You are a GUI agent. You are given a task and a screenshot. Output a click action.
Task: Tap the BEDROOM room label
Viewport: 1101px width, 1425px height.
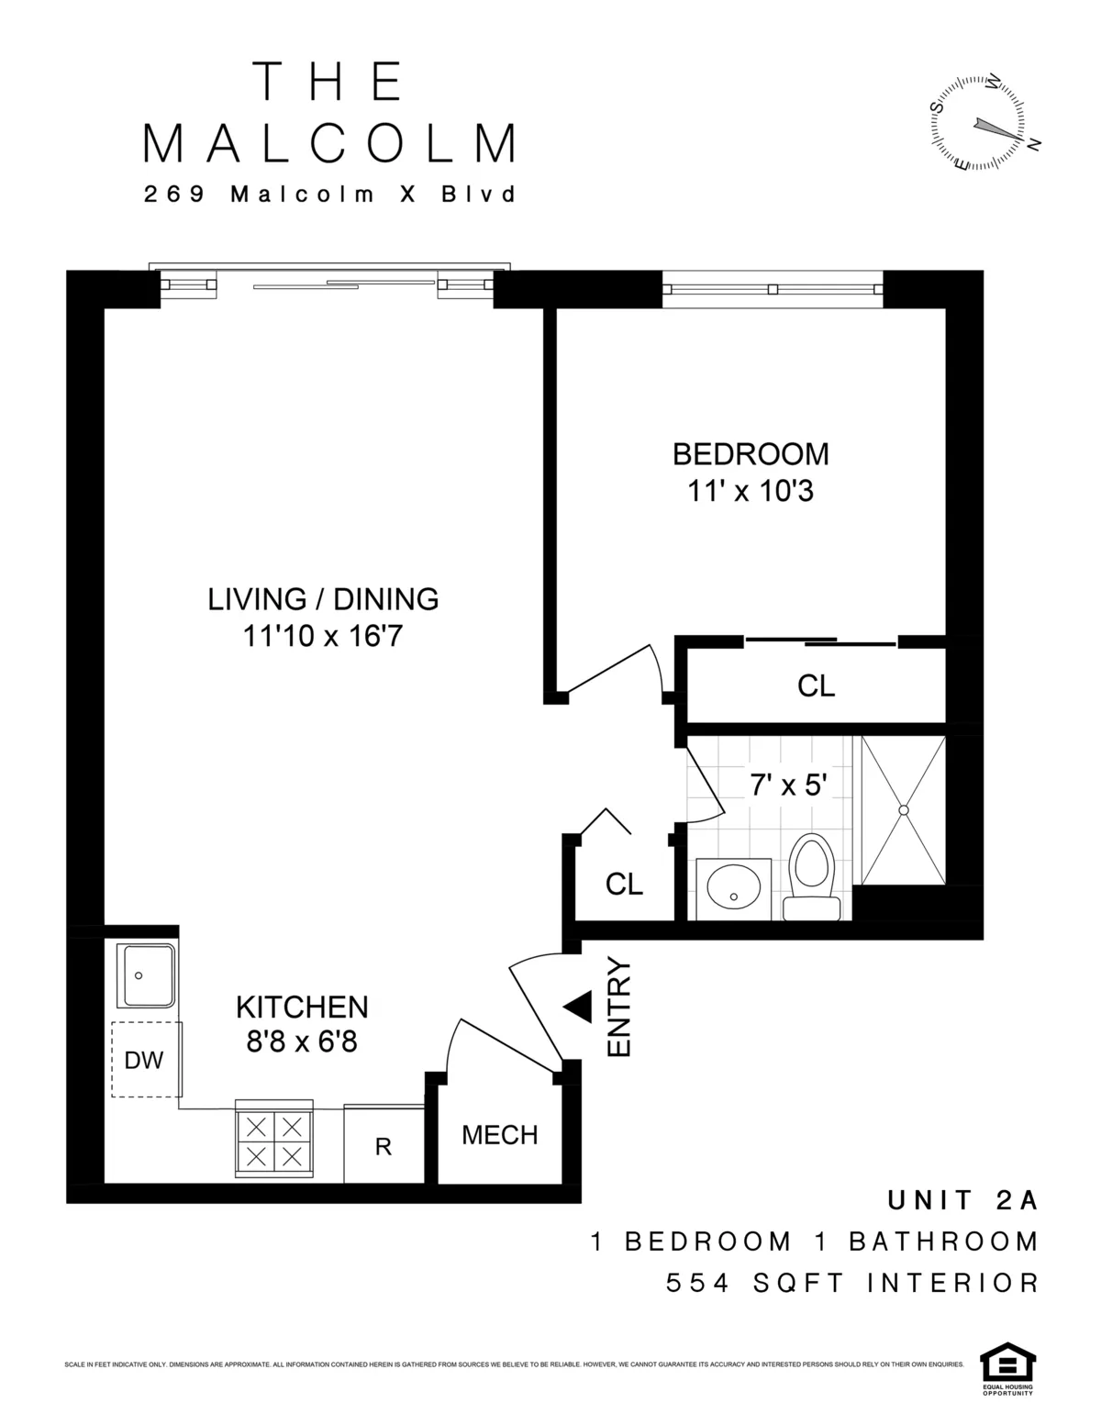(x=751, y=454)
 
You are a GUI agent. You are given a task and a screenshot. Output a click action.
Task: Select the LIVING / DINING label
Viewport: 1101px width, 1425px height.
(x=323, y=599)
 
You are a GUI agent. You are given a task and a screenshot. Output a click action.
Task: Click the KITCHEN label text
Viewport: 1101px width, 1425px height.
(x=302, y=1007)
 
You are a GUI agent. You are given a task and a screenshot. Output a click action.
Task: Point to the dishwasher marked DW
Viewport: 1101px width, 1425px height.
(x=144, y=1060)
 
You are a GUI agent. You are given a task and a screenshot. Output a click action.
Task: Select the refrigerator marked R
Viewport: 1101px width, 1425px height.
(x=384, y=1146)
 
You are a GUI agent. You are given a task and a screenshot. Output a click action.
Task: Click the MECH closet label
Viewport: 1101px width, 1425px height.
(x=499, y=1135)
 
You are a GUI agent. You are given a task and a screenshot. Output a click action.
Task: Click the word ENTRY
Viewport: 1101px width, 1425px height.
(x=620, y=1008)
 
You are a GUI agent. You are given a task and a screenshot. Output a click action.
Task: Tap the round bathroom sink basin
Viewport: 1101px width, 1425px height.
(x=733, y=888)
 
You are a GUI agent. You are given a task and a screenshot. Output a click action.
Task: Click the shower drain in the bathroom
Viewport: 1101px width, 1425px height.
(x=903, y=810)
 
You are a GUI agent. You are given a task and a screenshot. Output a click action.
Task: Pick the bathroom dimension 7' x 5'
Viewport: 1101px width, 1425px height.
(x=789, y=785)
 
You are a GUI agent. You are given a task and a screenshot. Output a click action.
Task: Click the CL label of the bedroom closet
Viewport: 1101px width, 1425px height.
(x=816, y=685)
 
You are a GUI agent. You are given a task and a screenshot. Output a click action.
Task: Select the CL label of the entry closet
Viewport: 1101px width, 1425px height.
(x=624, y=884)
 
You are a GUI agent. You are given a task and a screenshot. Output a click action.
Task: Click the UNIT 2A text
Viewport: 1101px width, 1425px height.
(x=962, y=1199)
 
